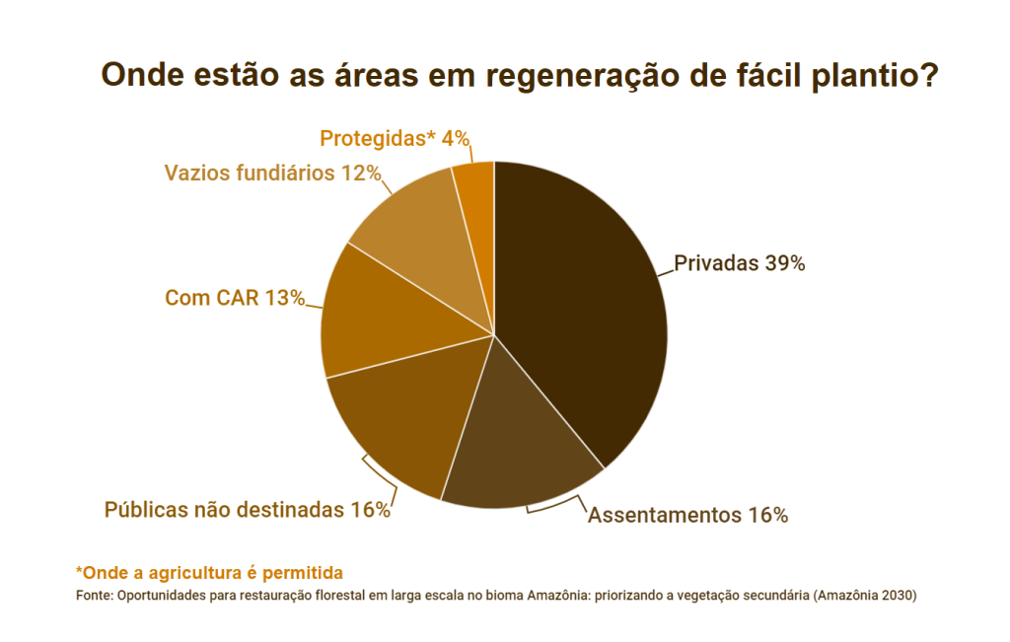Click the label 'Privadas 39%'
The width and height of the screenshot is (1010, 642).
[740, 263]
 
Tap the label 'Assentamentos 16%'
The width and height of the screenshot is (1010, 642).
[687, 515]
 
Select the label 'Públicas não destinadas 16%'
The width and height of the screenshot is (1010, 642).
[248, 510]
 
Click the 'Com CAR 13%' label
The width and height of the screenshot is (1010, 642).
[235, 297]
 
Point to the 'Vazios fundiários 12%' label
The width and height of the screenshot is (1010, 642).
[272, 173]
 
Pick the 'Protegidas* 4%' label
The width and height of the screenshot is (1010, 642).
[394, 138]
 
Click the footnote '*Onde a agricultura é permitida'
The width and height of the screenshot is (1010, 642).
[209, 572]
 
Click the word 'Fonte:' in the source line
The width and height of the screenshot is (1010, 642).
[95, 596]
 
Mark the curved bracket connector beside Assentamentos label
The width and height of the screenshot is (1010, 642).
[553, 507]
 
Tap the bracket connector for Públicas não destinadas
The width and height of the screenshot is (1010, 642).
[381, 477]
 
